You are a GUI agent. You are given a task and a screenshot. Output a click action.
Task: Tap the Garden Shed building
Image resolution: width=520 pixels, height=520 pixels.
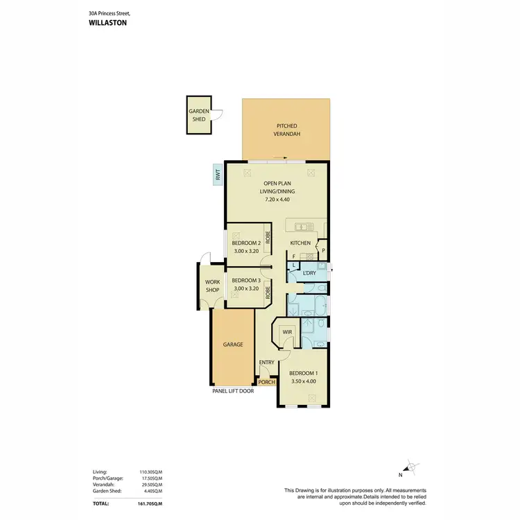click(x=199, y=115)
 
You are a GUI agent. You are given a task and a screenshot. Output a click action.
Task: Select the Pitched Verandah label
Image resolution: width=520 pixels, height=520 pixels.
click(x=285, y=130)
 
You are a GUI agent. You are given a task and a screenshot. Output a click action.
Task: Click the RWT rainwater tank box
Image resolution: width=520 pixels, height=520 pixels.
click(x=217, y=175)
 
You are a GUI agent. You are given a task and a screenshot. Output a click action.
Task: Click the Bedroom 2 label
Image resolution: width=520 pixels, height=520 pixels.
click(x=245, y=243)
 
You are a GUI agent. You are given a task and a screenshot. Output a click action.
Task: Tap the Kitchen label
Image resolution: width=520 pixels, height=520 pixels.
click(x=300, y=243)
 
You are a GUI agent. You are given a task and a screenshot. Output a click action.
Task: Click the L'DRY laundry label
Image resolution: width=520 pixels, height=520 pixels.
click(x=310, y=273)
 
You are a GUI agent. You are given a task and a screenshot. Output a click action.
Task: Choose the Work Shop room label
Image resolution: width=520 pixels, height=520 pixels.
click(x=212, y=286)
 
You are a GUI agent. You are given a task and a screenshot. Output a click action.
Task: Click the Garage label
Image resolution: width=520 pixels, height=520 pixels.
click(x=232, y=344)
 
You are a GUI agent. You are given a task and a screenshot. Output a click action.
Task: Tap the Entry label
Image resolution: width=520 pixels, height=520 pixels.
click(x=266, y=362)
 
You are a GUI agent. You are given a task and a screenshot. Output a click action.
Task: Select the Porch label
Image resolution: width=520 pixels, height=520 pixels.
click(x=266, y=382)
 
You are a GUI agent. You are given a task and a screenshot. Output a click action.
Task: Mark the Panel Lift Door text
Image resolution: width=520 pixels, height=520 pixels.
click(x=233, y=391)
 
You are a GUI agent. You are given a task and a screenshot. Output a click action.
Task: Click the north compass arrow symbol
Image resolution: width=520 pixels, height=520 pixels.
click(x=410, y=468)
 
